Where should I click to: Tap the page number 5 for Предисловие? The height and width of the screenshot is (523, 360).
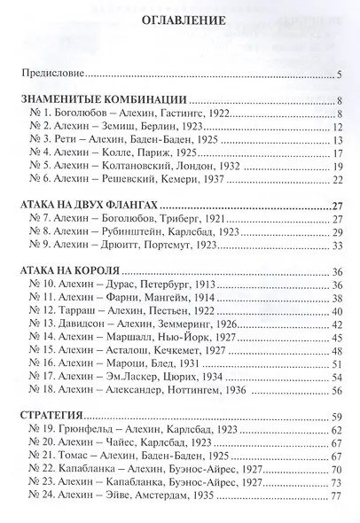340,74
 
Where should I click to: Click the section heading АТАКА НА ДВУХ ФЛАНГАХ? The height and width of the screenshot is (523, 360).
94,206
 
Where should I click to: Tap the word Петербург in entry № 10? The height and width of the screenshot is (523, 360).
191,285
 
